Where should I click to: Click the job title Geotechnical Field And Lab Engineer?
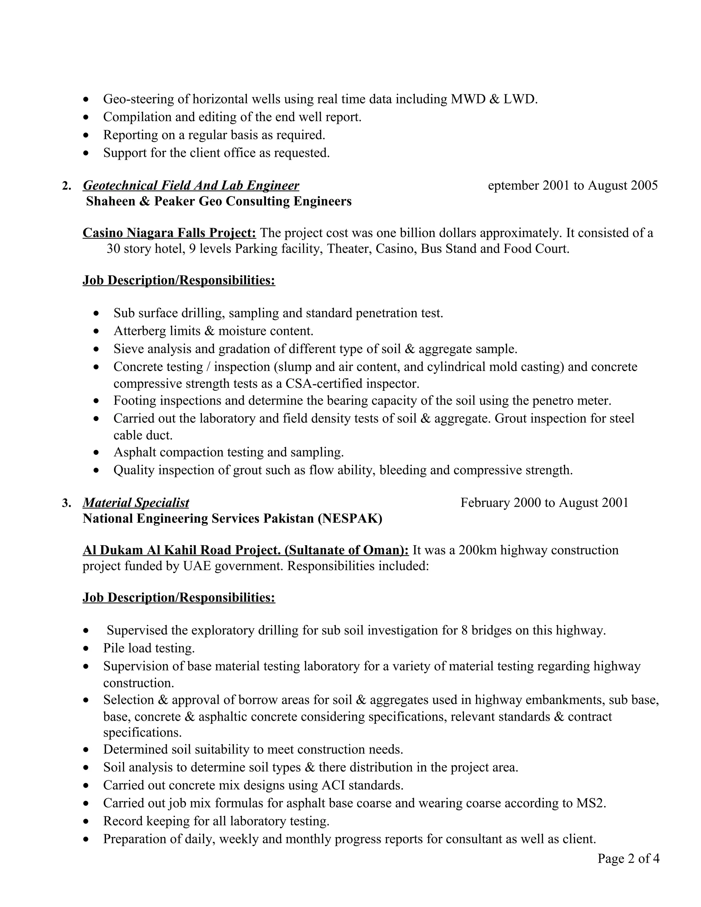coord(191,185)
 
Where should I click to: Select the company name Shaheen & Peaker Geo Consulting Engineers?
coord(218,201)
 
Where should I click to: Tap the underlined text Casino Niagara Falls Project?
coord(169,233)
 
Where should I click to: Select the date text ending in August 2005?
coord(573,185)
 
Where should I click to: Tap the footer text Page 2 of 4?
coord(628,858)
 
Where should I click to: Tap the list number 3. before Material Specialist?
coord(66,503)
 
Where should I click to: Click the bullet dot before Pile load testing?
coord(86,649)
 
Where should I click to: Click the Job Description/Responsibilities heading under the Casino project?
coord(179,280)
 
